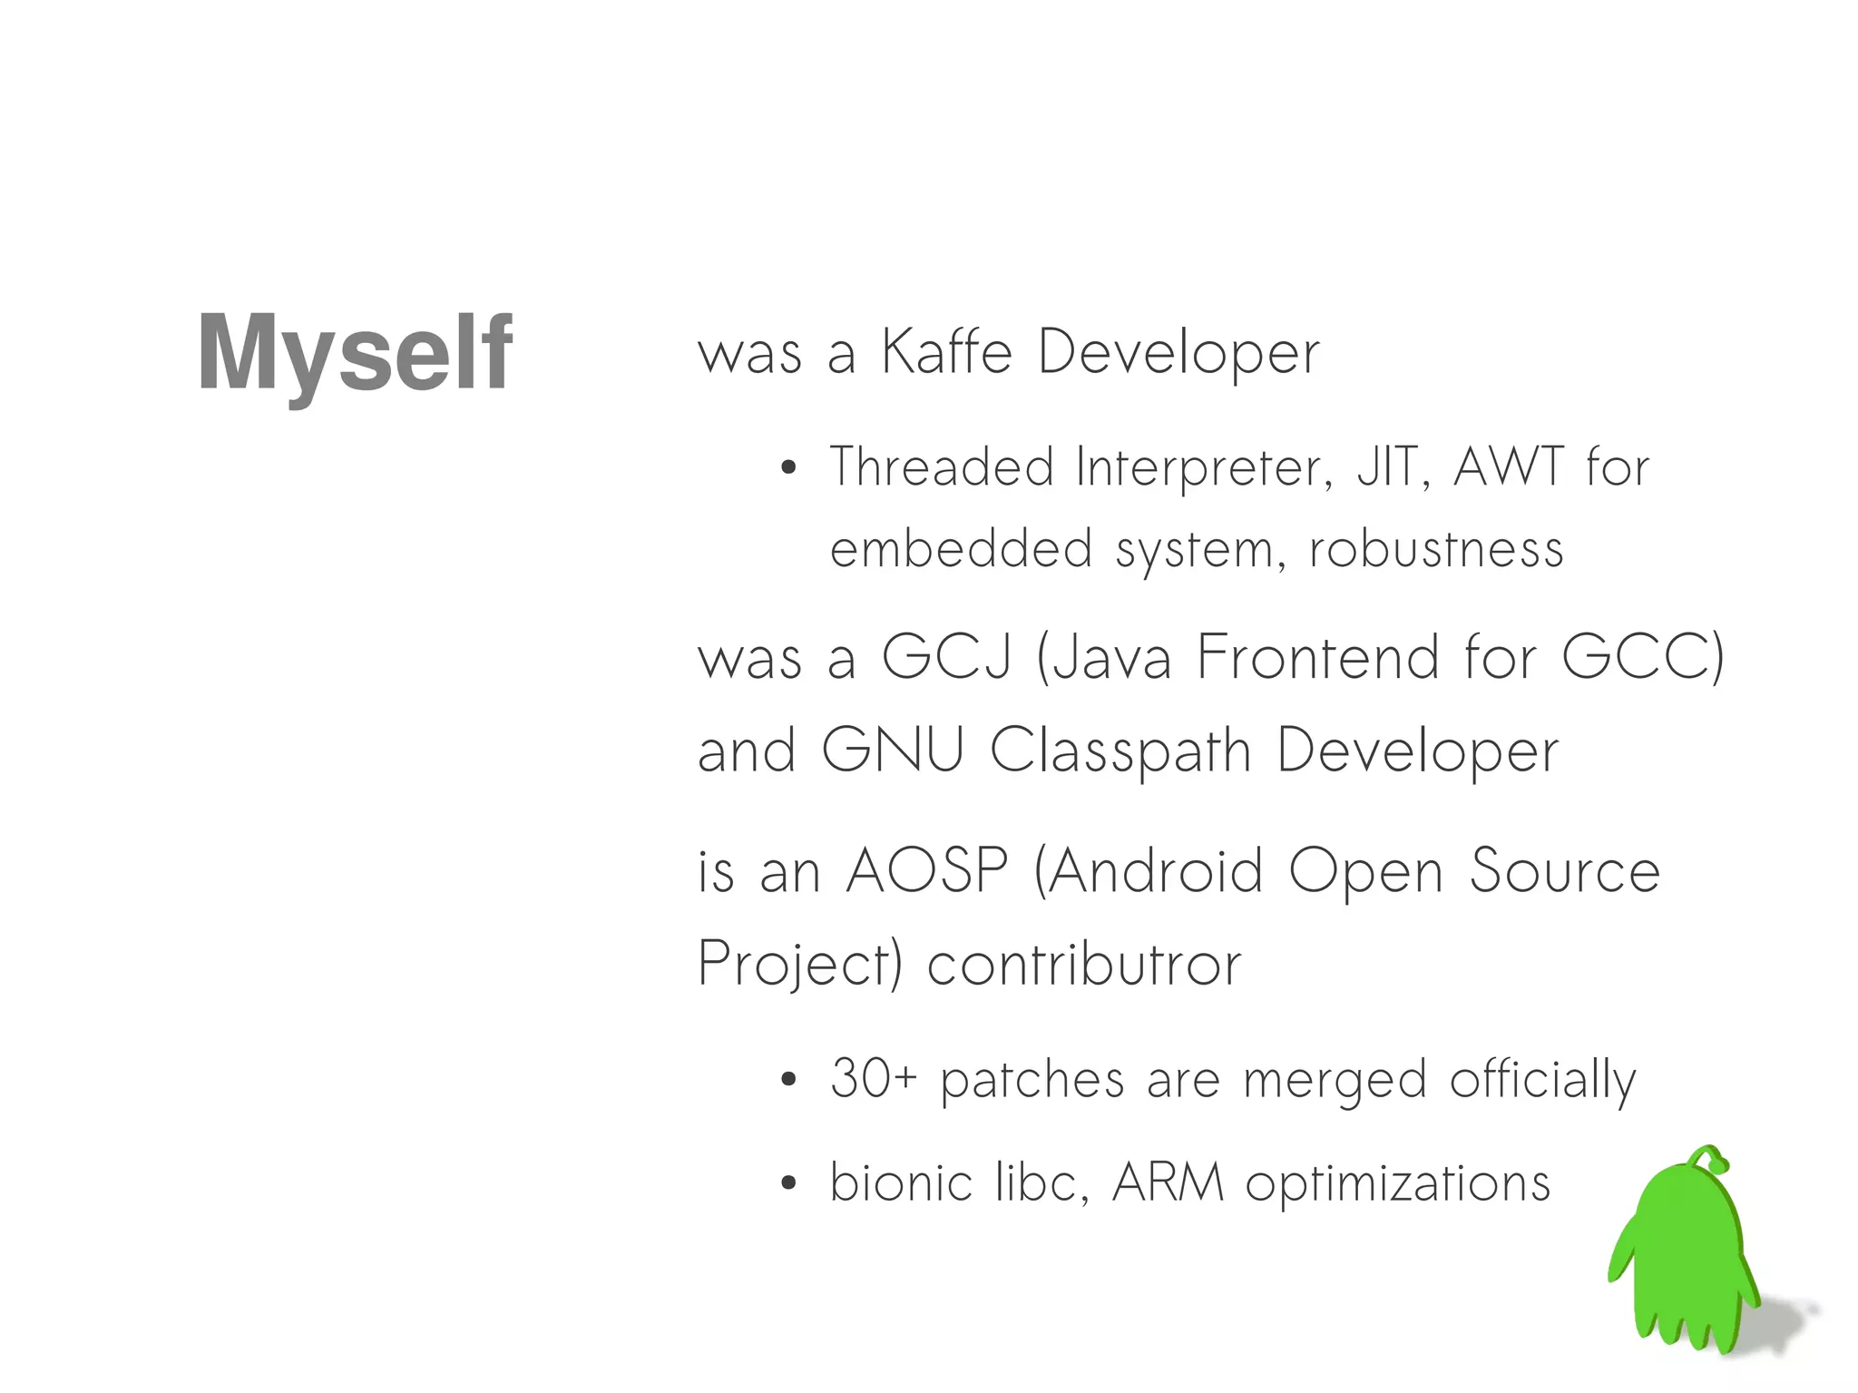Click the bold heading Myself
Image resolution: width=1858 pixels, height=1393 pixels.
(355, 353)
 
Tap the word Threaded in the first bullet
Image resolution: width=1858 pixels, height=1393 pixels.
(942, 467)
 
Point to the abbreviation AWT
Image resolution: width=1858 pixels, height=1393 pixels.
(1509, 467)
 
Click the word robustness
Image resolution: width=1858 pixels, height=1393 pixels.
(1436, 550)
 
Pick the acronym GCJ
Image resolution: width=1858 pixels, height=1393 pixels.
(946, 657)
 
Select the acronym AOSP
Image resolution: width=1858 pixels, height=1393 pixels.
(926, 871)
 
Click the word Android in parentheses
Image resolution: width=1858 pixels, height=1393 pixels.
(1155, 871)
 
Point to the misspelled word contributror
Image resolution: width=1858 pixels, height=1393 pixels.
(1083, 964)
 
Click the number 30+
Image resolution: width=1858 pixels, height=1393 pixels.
(874, 1079)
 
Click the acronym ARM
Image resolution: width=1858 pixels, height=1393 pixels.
(1168, 1182)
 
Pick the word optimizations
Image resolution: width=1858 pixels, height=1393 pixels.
(1397, 1184)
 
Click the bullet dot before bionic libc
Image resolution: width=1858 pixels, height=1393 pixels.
(788, 1183)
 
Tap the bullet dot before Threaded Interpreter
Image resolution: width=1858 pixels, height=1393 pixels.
(788, 468)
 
